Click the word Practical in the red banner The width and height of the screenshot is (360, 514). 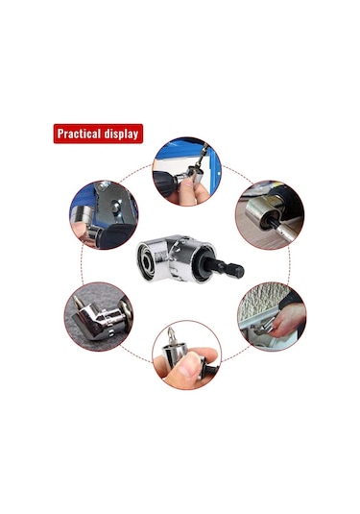tap(79, 134)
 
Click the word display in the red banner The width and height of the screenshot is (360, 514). tap(121, 135)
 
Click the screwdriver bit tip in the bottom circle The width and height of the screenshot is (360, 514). tap(171, 334)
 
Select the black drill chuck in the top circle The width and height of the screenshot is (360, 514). tap(164, 183)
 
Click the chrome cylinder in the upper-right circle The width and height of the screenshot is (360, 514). tap(261, 210)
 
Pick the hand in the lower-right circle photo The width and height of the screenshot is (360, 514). tap(288, 324)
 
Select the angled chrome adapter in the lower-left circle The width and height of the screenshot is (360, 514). tap(98, 321)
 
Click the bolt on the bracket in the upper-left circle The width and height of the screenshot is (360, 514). tap(115, 207)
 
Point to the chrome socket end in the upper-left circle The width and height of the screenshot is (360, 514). tap(81, 214)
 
